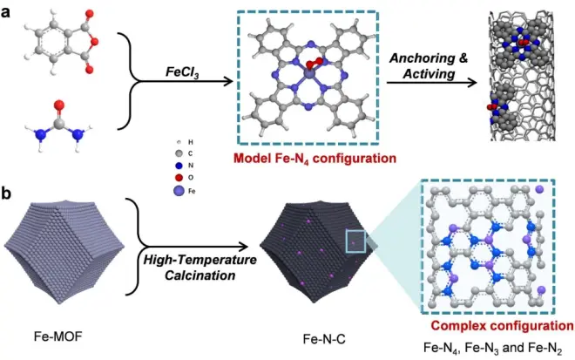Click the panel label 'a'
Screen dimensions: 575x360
tap(5, 12)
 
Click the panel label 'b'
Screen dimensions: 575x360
tap(6, 194)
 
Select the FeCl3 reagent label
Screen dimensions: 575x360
tap(182, 71)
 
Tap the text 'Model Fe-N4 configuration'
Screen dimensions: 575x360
tap(315, 159)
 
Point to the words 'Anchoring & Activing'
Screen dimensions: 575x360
tap(429, 65)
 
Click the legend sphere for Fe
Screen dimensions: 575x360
tap(179, 191)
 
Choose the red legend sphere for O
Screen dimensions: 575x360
tap(179, 178)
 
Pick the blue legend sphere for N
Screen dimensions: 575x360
tap(179, 166)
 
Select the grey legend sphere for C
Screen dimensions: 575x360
tap(179, 153)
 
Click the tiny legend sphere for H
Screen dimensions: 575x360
tap(179, 142)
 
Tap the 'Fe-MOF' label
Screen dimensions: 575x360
tap(58, 336)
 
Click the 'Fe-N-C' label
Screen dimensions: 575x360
tap(324, 339)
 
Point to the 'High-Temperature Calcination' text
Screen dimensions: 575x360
tap(200, 268)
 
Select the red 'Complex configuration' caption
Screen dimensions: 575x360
tap(502, 325)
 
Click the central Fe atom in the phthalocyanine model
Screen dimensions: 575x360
tap(311, 74)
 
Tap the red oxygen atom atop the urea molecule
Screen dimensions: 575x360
tap(58, 106)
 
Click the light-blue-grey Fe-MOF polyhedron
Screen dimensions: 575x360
tap(64, 252)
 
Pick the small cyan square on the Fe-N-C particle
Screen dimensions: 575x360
tap(355, 241)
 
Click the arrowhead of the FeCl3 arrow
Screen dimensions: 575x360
tap(229, 81)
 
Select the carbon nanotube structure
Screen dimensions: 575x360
tap(521, 76)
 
